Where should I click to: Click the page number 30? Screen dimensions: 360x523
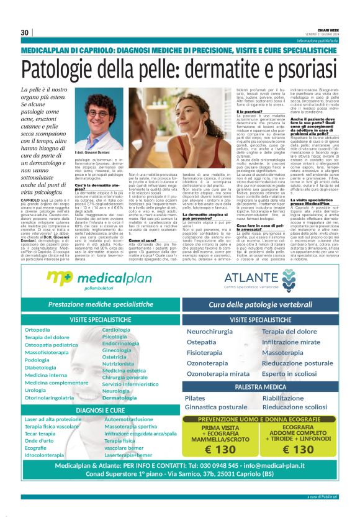pyautogui.click(x=25, y=32)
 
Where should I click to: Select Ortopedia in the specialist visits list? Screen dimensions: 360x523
pyautogui.click(x=37, y=330)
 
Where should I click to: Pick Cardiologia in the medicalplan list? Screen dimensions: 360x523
pyautogui.click(x=116, y=329)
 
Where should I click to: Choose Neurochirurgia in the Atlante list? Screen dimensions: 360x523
pyautogui.click(x=210, y=331)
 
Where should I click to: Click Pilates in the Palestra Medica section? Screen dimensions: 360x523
pyautogui.click(x=195, y=398)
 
